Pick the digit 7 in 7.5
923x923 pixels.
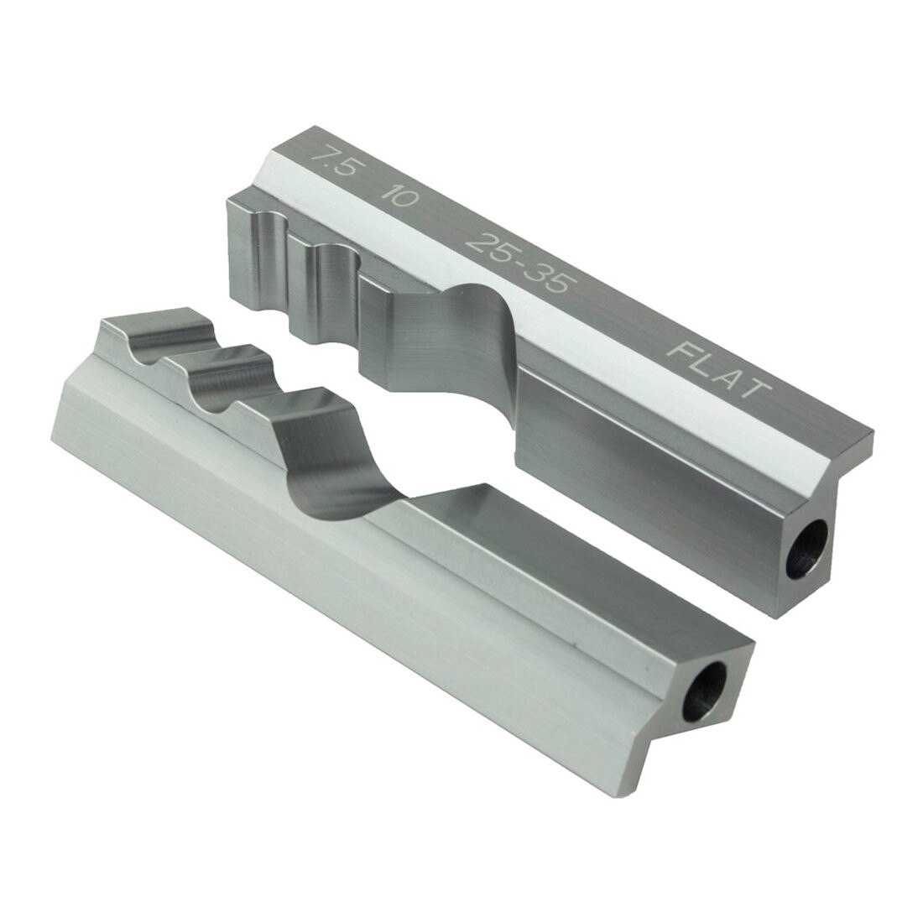tap(319, 157)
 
